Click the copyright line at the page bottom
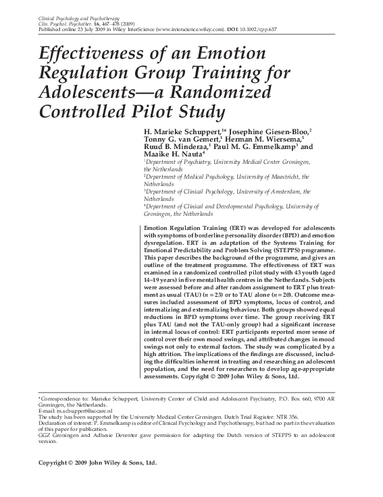point(98,463)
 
